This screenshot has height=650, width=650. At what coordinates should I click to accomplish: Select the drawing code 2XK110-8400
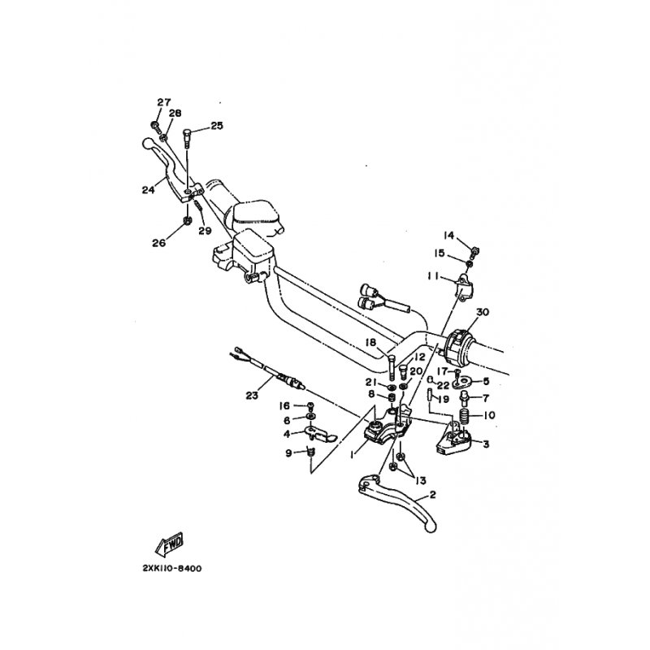[172, 568]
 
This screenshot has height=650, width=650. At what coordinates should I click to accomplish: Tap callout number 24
[148, 190]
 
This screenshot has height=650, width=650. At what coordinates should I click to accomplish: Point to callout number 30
[483, 312]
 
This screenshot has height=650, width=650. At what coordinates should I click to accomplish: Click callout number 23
[252, 396]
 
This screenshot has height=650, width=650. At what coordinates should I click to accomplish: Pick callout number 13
[420, 480]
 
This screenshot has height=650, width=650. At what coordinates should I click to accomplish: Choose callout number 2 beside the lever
[433, 495]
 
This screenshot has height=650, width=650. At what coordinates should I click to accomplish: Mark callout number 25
[217, 126]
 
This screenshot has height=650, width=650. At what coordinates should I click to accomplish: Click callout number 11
[434, 275]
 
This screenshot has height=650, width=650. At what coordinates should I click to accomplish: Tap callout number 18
[370, 342]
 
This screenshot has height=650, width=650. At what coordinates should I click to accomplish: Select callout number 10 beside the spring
[489, 415]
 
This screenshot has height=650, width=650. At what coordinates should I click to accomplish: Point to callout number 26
[158, 242]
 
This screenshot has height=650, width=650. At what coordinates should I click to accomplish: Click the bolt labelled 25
[187, 139]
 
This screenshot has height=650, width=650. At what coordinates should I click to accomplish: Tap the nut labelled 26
[187, 220]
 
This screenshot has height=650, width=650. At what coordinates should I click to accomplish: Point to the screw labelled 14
[474, 251]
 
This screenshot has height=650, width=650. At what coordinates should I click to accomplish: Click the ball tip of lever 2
[431, 526]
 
